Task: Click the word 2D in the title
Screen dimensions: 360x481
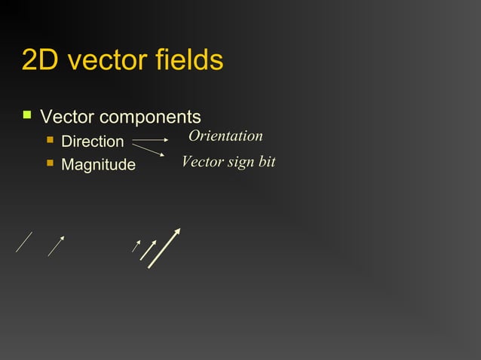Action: coord(41,60)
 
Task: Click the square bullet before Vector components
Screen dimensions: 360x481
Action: coord(28,116)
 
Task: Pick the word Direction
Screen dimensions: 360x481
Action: coord(92,142)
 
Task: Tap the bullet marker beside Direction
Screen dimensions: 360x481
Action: coord(51,140)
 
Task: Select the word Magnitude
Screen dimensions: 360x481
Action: coord(98,164)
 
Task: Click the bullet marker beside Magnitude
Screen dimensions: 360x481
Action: coord(51,163)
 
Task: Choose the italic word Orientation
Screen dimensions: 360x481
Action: coord(225,136)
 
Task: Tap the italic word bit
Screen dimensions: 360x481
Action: coord(267,162)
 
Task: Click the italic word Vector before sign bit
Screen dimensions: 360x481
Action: coord(203,162)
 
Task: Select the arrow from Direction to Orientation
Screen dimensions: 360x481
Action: coord(150,140)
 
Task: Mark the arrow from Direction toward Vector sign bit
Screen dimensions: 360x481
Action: coord(149,150)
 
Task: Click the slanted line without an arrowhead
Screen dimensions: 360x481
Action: coord(24,243)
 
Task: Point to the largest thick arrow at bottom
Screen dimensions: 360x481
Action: coord(164,248)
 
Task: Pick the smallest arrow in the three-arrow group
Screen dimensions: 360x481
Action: coord(136,246)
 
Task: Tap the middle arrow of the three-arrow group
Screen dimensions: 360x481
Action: coord(148,250)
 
